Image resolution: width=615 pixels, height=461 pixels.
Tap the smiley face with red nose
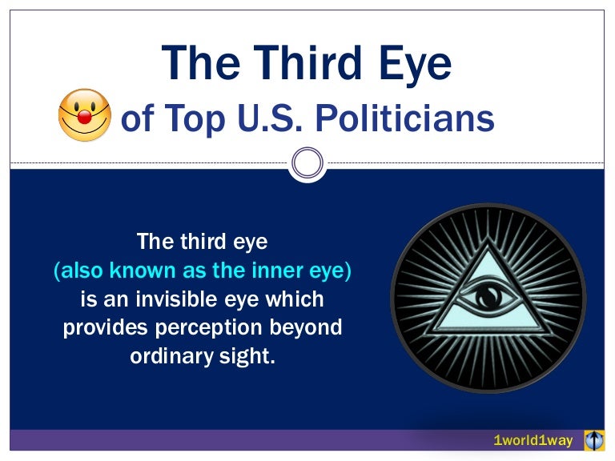click(84, 115)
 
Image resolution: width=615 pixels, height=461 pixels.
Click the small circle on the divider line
click(307, 163)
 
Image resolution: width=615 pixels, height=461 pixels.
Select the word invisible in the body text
click(207, 300)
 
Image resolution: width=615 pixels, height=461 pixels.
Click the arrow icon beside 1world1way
click(593, 440)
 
